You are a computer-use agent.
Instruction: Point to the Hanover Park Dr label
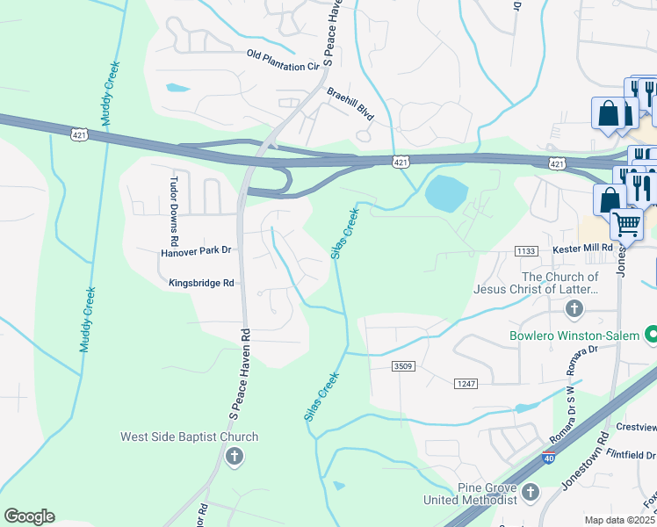[x=195, y=250]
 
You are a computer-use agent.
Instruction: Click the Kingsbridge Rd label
[x=199, y=283]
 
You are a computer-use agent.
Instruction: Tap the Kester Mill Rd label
[x=581, y=250]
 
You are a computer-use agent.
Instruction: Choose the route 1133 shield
[x=527, y=251]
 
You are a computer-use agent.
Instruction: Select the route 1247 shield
[x=466, y=384]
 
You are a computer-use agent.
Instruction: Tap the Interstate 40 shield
[x=549, y=458]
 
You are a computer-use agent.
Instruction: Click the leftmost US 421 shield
[x=80, y=134]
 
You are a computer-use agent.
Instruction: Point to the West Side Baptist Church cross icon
[x=234, y=456]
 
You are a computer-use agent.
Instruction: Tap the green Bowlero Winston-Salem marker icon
[x=652, y=335]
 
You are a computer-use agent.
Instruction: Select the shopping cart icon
[x=626, y=225]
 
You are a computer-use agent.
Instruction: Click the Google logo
[x=29, y=516]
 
